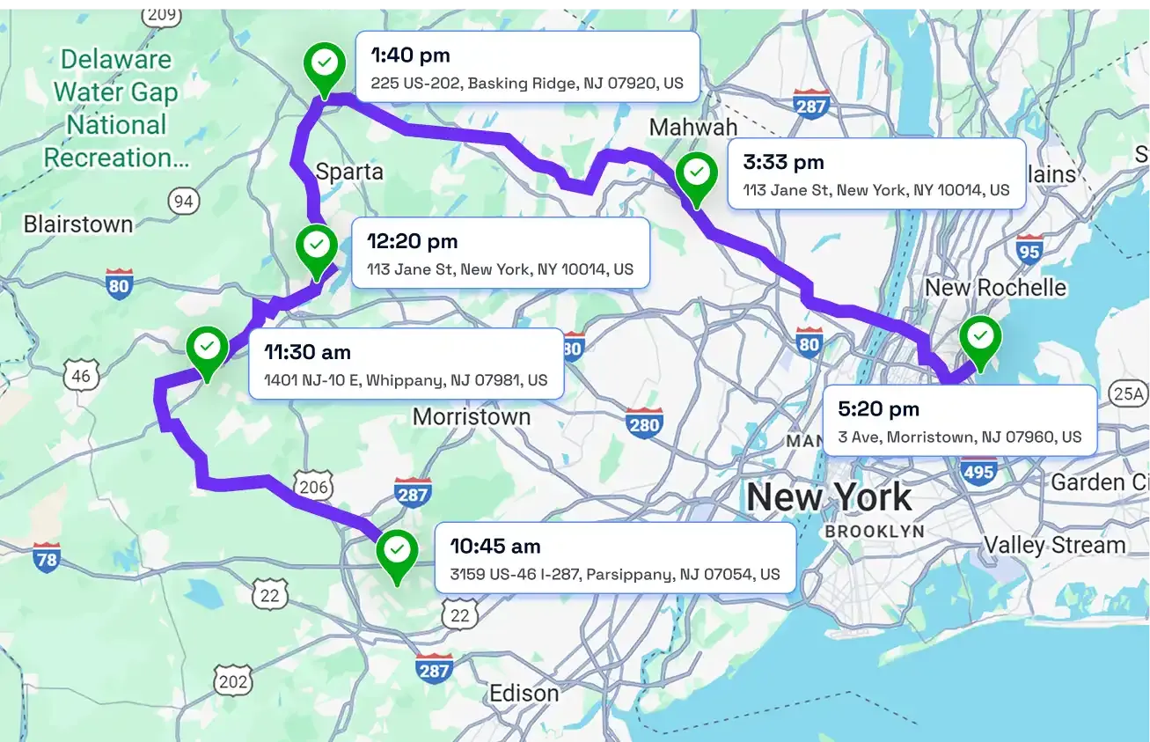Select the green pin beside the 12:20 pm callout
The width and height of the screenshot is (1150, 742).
click(317, 246)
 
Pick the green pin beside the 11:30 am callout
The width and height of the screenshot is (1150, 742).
click(208, 349)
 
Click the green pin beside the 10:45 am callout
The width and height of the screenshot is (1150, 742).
click(397, 552)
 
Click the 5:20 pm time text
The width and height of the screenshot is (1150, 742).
click(878, 409)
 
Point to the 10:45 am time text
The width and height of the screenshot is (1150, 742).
click(494, 547)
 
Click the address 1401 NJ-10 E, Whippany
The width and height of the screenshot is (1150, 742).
click(406, 380)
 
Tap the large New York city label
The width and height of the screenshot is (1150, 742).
click(829, 497)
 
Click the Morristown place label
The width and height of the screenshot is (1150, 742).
click(472, 416)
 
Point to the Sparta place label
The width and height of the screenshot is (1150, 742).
click(349, 171)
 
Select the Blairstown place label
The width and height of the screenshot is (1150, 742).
click(78, 224)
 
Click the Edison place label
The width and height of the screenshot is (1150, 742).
click(524, 693)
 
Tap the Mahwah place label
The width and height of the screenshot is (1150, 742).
click(693, 128)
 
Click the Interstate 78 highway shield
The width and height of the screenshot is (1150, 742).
click(47, 558)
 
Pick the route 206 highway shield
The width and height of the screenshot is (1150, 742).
click(313, 487)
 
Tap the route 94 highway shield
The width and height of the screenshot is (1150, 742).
click(183, 202)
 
